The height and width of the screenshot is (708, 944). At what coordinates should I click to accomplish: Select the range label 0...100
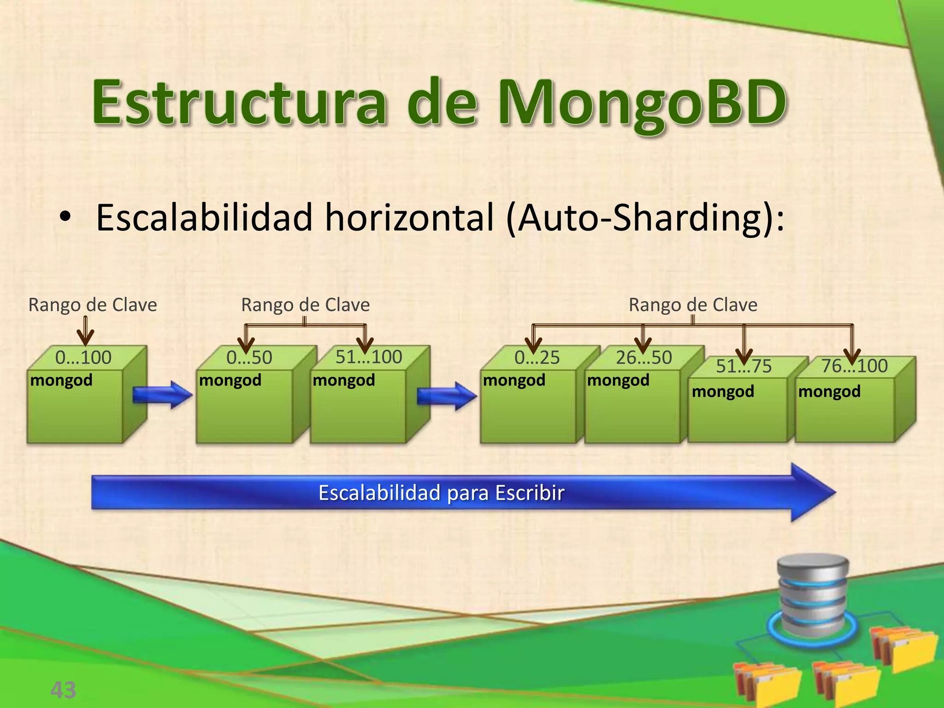click(x=83, y=358)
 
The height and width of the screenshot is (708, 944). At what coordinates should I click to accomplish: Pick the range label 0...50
click(x=249, y=358)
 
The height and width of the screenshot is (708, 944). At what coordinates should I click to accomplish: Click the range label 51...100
click(x=369, y=357)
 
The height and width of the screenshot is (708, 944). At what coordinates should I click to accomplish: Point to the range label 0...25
click(x=537, y=358)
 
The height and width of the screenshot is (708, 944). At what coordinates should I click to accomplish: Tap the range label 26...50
click(x=644, y=358)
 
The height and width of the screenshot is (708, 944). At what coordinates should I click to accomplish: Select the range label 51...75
click(x=743, y=366)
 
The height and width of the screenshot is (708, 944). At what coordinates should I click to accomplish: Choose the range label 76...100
click(x=854, y=366)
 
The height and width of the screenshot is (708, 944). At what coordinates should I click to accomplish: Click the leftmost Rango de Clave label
click(x=93, y=305)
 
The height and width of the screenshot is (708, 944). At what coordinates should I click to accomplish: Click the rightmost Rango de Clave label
click(x=693, y=305)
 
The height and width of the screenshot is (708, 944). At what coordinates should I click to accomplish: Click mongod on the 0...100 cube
click(x=61, y=380)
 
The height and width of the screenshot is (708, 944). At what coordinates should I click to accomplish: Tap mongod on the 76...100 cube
click(x=829, y=391)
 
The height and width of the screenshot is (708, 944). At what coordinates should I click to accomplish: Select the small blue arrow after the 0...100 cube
click(x=162, y=395)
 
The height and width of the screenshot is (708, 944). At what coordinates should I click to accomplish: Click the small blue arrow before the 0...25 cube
click(x=446, y=395)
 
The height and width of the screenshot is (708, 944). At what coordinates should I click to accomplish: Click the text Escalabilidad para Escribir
click(x=441, y=493)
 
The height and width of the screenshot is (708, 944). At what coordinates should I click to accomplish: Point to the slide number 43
click(x=63, y=690)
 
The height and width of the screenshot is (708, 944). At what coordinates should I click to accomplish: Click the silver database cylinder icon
click(x=812, y=595)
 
